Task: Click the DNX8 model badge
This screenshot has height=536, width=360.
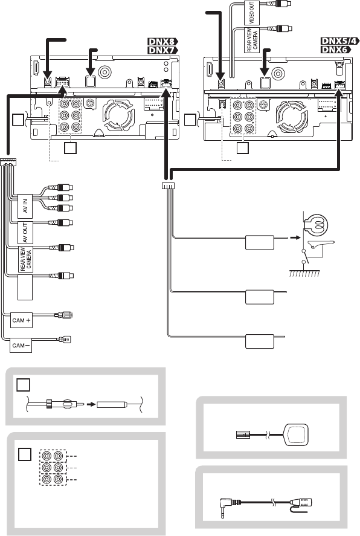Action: click(x=162, y=42)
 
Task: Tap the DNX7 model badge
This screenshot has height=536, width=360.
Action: click(x=162, y=50)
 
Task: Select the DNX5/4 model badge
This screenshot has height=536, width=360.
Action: click(x=340, y=41)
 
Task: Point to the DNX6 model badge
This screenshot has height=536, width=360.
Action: click(x=336, y=50)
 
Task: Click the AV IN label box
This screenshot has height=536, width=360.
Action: click(x=25, y=207)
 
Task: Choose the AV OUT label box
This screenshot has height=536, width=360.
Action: click(x=25, y=233)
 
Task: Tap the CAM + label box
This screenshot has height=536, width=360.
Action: click(x=21, y=320)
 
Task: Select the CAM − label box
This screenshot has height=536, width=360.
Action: click(x=21, y=345)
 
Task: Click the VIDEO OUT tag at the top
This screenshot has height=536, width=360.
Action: click(x=252, y=13)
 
